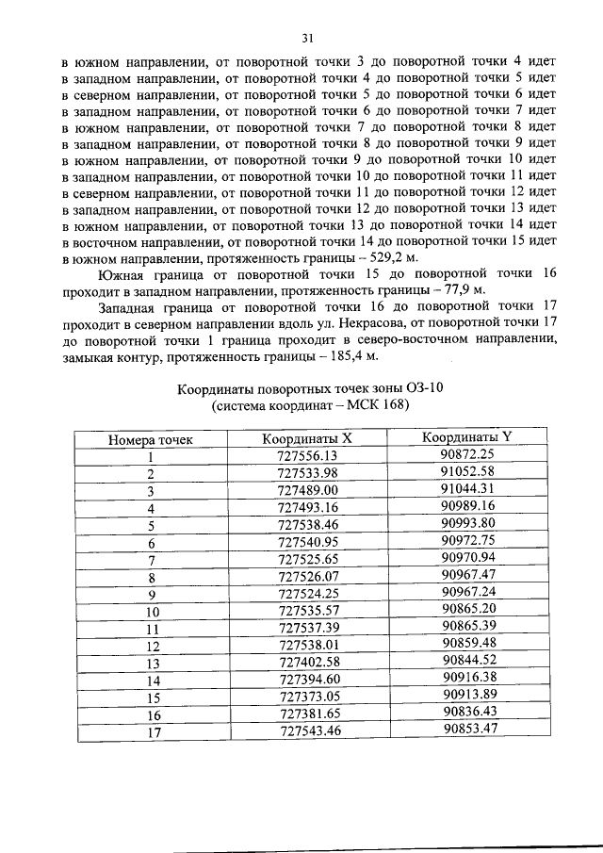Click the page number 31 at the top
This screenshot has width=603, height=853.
click(306, 39)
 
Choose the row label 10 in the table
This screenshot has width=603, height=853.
click(149, 611)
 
